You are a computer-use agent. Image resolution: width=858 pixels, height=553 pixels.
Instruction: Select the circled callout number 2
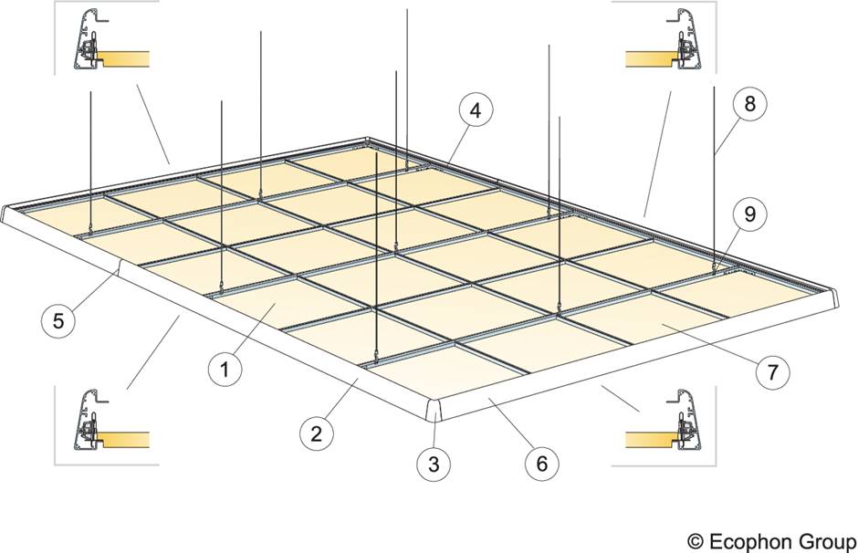316,433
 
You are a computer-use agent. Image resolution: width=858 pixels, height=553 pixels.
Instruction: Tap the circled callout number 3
434,464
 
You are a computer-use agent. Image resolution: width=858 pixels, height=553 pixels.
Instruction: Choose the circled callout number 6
542,464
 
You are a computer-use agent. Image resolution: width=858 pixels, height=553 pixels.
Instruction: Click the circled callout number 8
749,104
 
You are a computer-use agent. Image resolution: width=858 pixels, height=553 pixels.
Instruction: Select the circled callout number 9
749,215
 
